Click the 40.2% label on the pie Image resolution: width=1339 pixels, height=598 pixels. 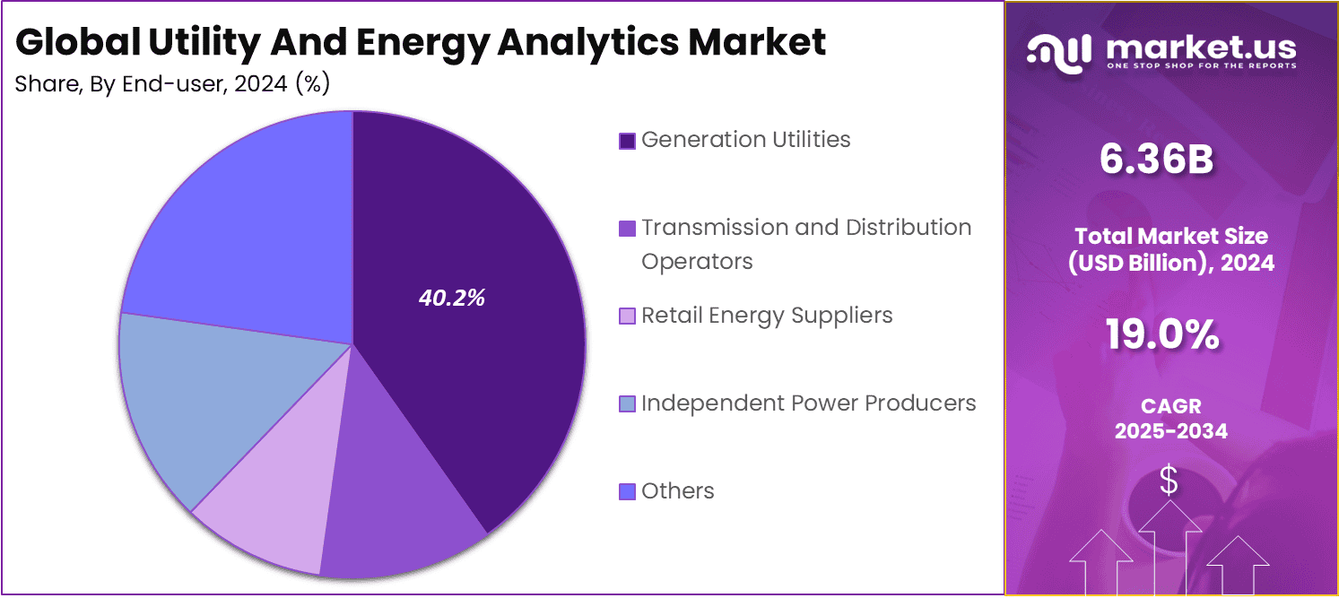(x=451, y=299)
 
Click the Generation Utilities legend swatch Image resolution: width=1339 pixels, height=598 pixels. (x=627, y=141)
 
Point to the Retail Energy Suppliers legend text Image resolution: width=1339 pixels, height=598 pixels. (x=767, y=316)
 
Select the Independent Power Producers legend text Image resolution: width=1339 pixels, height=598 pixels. (x=808, y=403)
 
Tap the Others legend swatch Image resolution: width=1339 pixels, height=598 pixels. (x=627, y=491)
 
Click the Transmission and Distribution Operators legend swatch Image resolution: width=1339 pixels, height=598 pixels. (x=627, y=229)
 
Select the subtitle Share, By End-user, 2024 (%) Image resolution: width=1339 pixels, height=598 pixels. (x=172, y=84)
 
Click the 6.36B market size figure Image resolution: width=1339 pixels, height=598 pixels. (x=1156, y=160)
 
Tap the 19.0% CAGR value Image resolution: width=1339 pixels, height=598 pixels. (x=1161, y=336)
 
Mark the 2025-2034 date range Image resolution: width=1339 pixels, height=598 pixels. (x=1170, y=431)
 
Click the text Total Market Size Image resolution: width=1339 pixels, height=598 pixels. (x=1171, y=237)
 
